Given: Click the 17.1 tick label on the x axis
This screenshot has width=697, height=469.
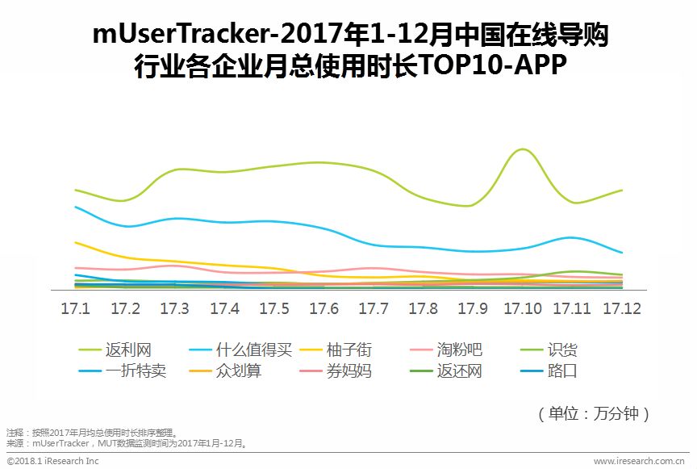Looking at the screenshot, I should point(75,309).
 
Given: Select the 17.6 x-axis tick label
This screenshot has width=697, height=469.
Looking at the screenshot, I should point(323,309).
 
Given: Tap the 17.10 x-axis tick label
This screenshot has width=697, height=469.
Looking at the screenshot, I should point(523,309).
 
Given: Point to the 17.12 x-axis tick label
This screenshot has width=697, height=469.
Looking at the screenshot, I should point(622,309).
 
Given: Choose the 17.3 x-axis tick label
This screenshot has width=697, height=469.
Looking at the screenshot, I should point(174,309).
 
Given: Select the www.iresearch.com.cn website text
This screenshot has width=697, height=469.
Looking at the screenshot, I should point(639,461).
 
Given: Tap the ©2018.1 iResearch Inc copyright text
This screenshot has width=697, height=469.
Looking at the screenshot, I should point(52,461).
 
